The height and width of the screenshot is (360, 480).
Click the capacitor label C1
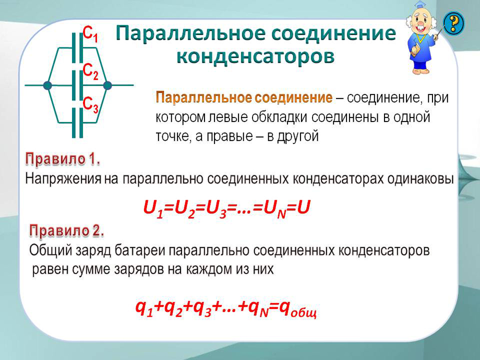[91, 34]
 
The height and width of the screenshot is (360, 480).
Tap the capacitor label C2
[91, 72]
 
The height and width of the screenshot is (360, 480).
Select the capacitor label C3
[91, 105]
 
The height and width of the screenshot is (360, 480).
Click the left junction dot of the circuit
[48, 85]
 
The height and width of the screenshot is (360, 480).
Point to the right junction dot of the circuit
[108, 85]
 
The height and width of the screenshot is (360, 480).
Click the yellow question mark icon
[454, 23]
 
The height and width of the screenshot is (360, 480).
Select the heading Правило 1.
[62, 159]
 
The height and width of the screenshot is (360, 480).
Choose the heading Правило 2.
[67, 231]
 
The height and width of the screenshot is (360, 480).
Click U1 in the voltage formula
[154, 209]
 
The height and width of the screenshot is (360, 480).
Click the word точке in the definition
[171, 136]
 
